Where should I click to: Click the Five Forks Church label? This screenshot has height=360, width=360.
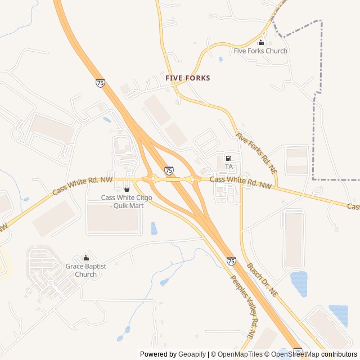(x=260, y=51)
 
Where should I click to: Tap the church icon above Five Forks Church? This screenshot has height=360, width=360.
(x=260, y=43)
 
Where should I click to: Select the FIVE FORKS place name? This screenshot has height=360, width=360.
(x=188, y=78)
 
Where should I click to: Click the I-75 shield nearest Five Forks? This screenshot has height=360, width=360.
(x=100, y=83)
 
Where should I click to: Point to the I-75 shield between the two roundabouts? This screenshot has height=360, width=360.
(x=169, y=170)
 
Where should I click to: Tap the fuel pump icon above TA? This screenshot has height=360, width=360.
(x=228, y=158)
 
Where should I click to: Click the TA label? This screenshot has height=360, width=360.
(x=229, y=166)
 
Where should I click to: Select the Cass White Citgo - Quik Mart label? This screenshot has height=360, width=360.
(x=123, y=201)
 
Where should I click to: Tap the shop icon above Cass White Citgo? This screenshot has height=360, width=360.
(x=127, y=189)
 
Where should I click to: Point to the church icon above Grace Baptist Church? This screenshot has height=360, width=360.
(x=85, y=258)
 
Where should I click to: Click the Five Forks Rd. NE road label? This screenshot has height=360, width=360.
(x=256, y=152)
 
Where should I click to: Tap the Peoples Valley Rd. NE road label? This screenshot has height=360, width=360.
(x=242, y=307)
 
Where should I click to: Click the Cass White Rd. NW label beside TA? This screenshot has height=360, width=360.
(x=241, y=182)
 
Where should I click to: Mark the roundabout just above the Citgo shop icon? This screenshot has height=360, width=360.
(x=152, y=179)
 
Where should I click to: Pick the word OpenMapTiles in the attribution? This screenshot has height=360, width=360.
(x=240, y=354)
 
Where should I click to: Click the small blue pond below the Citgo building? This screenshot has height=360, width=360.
(x=154, y=228)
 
